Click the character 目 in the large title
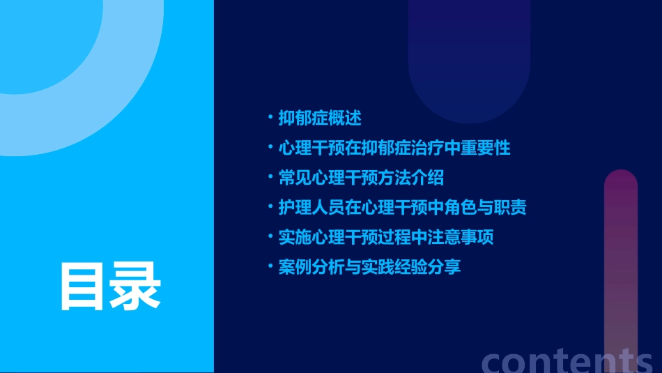coord(84,286)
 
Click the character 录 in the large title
coord(136,286)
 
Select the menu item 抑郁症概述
coord(320,118)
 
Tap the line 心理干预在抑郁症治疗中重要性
coord(394,148)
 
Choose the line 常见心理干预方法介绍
coord(361,178)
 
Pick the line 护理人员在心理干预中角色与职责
coord(402,208)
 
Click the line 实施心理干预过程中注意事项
coord(386,237)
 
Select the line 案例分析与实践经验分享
coord(369,267)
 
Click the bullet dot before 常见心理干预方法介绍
coord(270,177)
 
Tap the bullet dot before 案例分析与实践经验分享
coord(270,266)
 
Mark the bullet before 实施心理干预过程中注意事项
coord(270,236)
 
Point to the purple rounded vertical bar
coord(621,265)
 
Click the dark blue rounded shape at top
coord(469,63)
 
